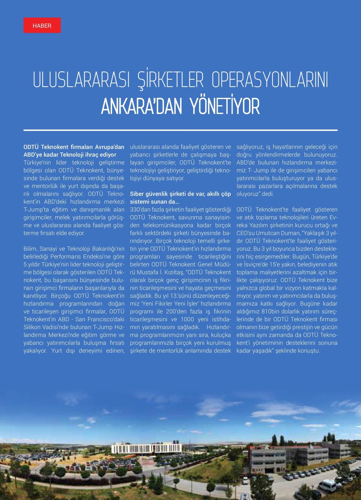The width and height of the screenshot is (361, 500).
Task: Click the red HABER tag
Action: pos(42,25)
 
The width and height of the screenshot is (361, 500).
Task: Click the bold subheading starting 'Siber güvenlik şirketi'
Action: pos(180,194)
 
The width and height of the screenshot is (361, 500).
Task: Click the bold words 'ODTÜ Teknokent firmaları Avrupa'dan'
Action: pos(74,147)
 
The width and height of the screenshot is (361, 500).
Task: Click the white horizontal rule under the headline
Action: pos(180,130)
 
